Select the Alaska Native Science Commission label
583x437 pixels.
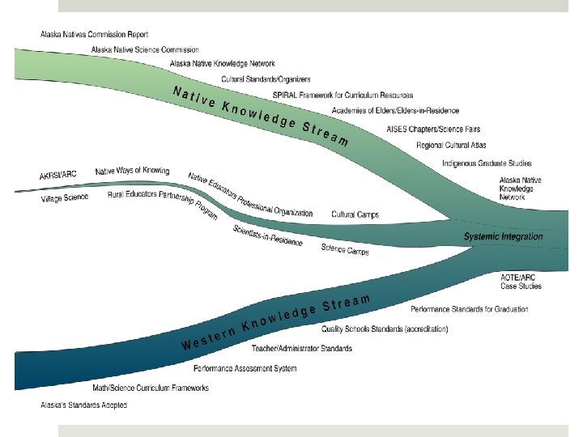coord(145,49)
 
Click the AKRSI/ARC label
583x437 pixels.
coord(60,176)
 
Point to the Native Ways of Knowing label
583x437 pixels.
coord(132,171)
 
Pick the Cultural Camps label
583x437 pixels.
coord(355,214)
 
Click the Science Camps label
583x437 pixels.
coord(345,250)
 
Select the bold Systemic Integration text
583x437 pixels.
coord(503,236)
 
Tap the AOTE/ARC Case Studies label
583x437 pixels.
coord(521,282)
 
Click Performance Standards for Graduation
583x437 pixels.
coord(469,309)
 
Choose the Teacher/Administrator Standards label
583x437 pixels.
coord(302,348)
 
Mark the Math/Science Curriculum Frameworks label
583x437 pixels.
coord(151,388)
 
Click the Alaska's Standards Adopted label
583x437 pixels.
coord(83,405)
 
